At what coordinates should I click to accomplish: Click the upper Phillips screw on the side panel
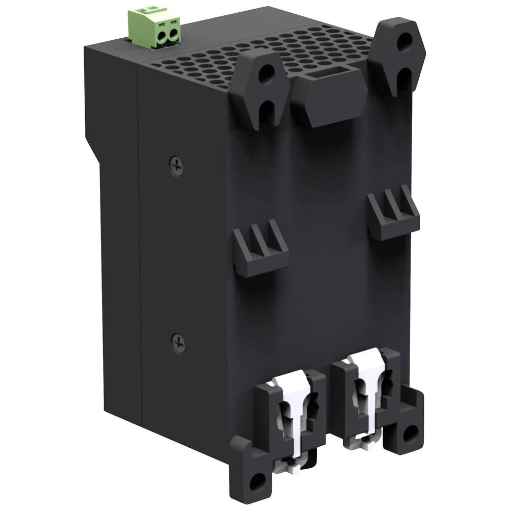176,164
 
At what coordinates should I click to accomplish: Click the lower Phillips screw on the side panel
178,344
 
